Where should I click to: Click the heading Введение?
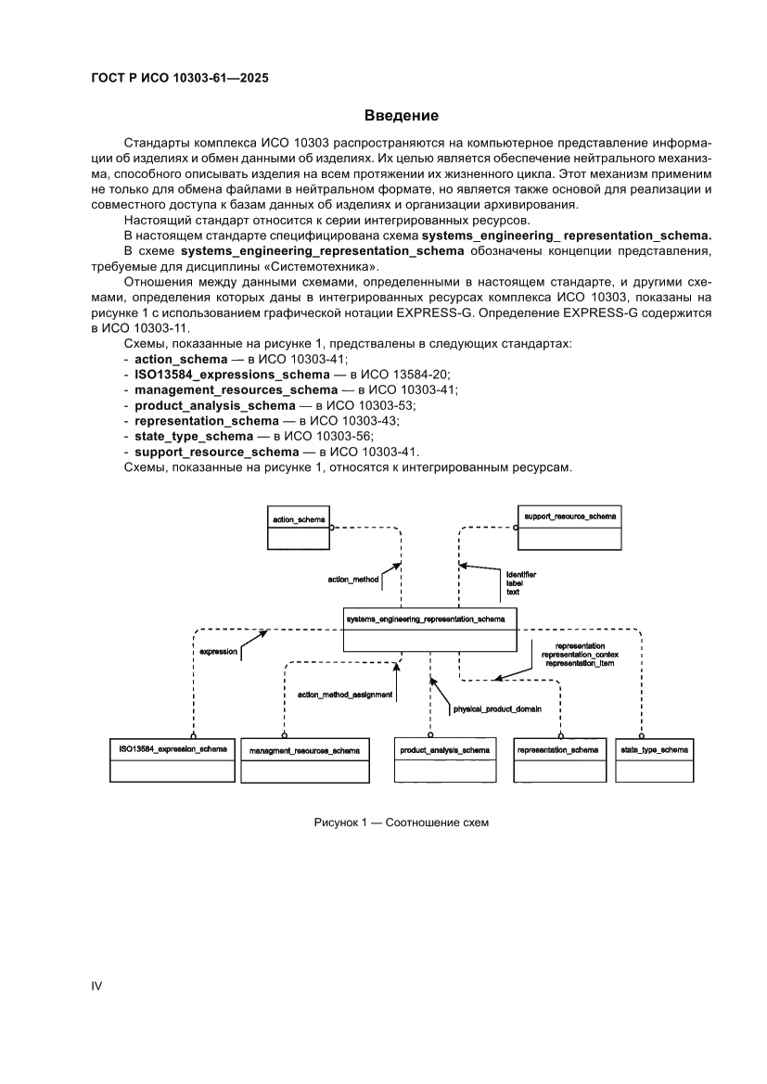401,116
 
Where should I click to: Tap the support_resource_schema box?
568,527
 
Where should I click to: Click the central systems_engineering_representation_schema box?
429,630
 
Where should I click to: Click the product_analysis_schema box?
444,759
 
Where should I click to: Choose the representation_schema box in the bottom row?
557,759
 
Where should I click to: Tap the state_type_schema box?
655,759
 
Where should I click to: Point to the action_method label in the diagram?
353,579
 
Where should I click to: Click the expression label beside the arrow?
219,652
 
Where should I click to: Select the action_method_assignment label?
345,694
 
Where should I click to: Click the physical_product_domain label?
496,709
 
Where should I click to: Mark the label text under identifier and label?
512,592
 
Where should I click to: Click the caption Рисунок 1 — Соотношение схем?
400,822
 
